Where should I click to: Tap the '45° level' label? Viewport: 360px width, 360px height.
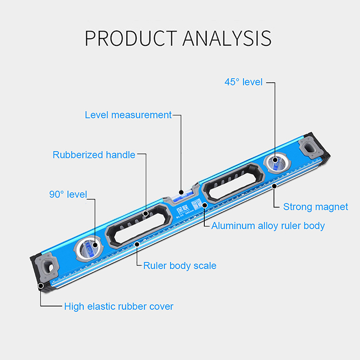(243, 82)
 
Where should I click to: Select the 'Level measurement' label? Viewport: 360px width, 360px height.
(128, 115)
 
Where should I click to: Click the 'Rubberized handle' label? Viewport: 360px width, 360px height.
(94, 155)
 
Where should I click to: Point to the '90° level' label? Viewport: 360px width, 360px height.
(67, 194)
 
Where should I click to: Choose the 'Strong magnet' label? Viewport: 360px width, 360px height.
(315, 207)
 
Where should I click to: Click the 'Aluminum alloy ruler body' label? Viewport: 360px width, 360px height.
(268, 225)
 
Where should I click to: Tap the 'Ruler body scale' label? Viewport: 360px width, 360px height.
(180, 265)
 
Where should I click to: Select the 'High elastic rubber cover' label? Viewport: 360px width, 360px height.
(119, 306)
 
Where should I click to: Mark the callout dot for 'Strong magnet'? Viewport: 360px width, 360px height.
(274, 186)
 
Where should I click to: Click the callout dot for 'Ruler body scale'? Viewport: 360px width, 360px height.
(137, 245)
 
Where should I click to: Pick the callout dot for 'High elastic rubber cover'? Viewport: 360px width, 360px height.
(40, 286)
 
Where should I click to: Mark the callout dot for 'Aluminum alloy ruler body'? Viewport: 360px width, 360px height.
(205, 205)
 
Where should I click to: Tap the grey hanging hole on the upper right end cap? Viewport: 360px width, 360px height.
(310, 146)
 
